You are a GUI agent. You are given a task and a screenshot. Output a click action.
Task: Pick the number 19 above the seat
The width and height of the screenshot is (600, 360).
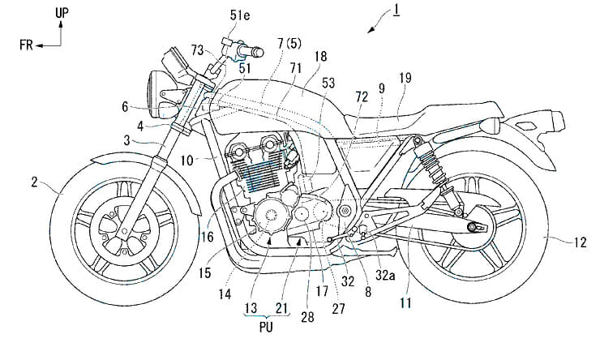405,78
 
